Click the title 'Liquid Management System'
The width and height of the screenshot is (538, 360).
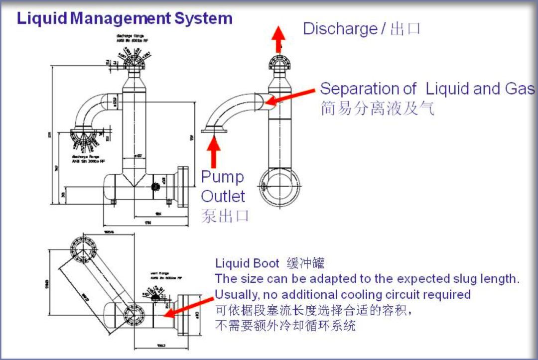point(125,18)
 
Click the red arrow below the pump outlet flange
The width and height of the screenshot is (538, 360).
point(214,151)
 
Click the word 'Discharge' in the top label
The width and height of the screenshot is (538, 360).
point(340,28)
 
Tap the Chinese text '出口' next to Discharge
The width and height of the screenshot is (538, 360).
point(405,28)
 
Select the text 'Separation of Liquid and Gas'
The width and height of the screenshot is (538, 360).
point(427,89)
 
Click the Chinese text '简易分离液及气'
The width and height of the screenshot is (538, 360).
point(377,108)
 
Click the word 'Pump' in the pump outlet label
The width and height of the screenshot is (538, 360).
point(222,177)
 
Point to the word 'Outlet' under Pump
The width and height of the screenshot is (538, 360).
point(223,196)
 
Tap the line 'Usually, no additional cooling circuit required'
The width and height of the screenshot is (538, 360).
point(342,294)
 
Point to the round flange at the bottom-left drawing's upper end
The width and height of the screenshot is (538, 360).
point(81,248)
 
